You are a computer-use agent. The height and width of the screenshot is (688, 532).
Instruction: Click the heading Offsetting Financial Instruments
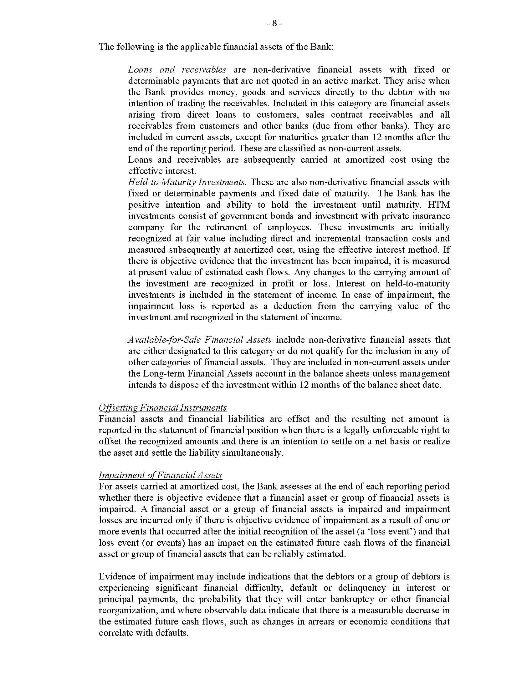pos(163,407)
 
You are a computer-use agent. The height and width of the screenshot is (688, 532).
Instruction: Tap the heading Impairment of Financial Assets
pos(161,475)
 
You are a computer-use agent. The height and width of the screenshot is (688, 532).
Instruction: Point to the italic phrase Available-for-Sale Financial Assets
pos(200,340)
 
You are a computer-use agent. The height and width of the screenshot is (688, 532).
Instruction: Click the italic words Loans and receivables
pos(177,70)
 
